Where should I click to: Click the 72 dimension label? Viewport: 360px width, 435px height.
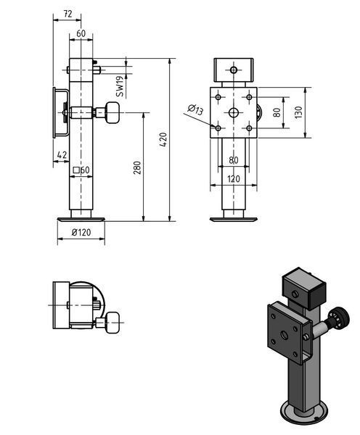point(67,14)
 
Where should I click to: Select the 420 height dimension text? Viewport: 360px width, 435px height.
point(164,139)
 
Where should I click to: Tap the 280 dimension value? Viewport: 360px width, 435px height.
point(137,167)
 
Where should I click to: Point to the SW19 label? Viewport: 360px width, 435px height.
point(120,86)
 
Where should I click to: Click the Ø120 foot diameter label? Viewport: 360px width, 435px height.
point(81,232)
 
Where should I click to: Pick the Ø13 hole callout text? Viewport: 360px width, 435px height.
point(195,110)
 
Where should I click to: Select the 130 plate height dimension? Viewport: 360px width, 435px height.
point(298,112)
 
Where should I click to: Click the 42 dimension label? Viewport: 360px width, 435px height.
point(62,154)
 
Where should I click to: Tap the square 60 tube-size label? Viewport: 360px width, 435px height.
point(81,170)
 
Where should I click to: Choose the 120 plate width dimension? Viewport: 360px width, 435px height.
point(233,179)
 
